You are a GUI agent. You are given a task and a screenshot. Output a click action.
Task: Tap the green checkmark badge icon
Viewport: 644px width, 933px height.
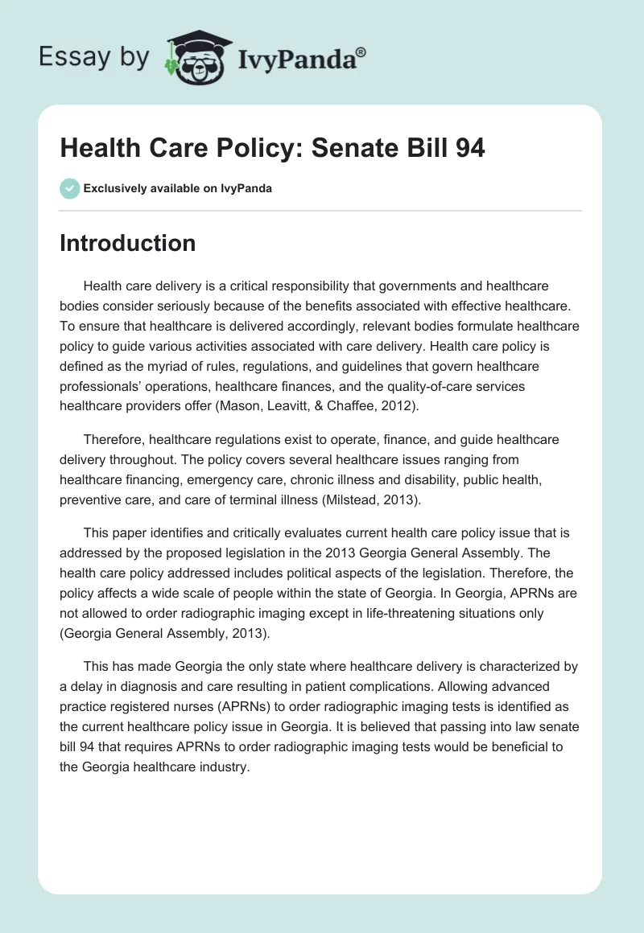(x=69, y=188)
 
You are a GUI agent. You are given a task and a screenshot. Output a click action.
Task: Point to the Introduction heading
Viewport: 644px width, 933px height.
(x=127, y=243)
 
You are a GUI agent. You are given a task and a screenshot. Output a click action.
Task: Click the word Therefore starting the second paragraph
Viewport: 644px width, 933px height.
(x=120, y=440)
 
